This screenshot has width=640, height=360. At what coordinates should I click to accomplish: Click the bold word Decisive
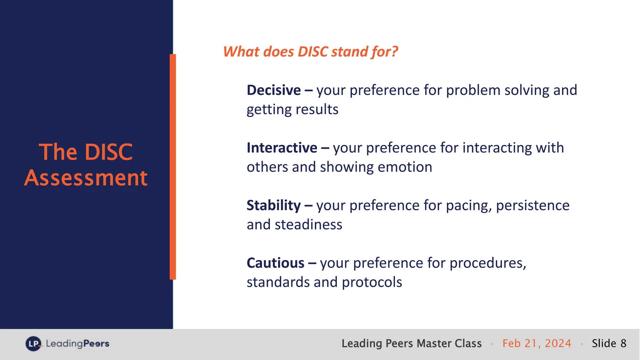click(273, 90)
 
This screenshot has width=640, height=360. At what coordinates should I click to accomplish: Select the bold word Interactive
click(282, 148)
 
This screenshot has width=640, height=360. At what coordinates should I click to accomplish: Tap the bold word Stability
click(273, 206)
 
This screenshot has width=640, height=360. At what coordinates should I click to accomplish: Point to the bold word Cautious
click(275, 263)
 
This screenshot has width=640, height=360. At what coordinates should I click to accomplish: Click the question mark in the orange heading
click(395, 52)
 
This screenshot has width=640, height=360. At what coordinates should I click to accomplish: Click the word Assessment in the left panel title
click(86, 178)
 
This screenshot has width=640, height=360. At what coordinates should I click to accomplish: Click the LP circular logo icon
click(33, 344)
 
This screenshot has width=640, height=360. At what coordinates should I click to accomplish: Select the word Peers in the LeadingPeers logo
click(96, 344)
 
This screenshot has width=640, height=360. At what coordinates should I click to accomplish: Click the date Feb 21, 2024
click(537, 343)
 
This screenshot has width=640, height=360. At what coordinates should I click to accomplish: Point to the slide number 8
click(623, 343)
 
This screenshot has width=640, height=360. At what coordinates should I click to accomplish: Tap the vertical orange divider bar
click(173, 167)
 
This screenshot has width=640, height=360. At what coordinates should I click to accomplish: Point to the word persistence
click(532, 206)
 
